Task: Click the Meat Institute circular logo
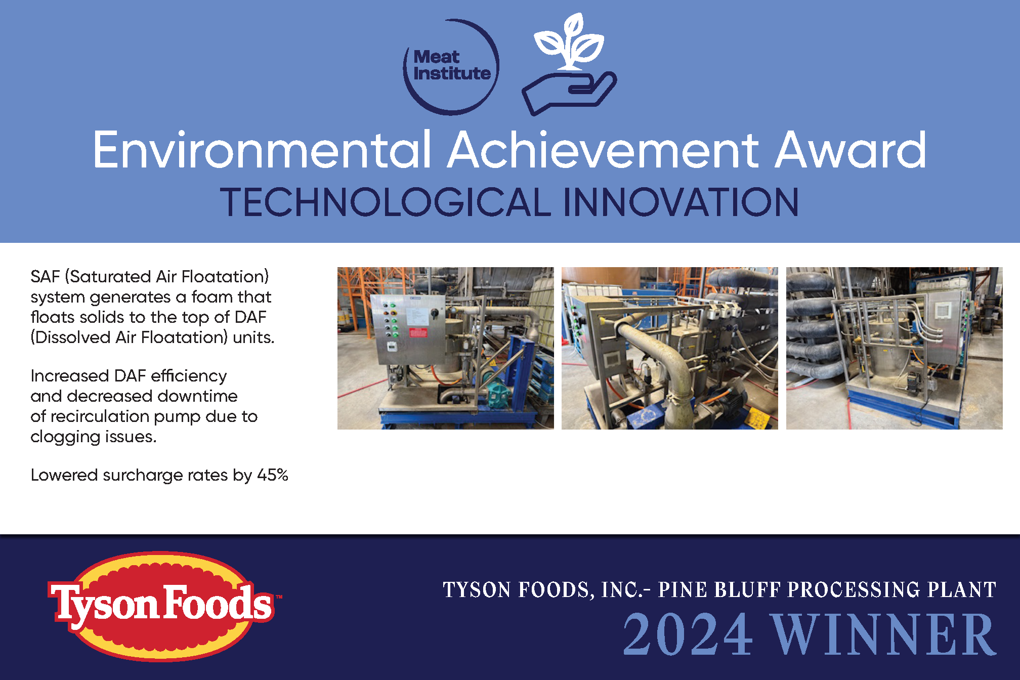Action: pyautogui.click(x=451, y=67)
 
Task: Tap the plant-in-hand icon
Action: pyautogui.click(x=569, y=64)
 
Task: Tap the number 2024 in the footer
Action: pyautogui.click(x=688, y=634)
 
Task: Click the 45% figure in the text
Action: pyautogui.click(x=273, y=475)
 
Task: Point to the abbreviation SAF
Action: pyautogui.click(x=45, y=276)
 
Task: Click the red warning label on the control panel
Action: pyautogui.click(x=418, y=332)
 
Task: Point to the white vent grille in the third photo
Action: pyautogui.click(x=943, y=309)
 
